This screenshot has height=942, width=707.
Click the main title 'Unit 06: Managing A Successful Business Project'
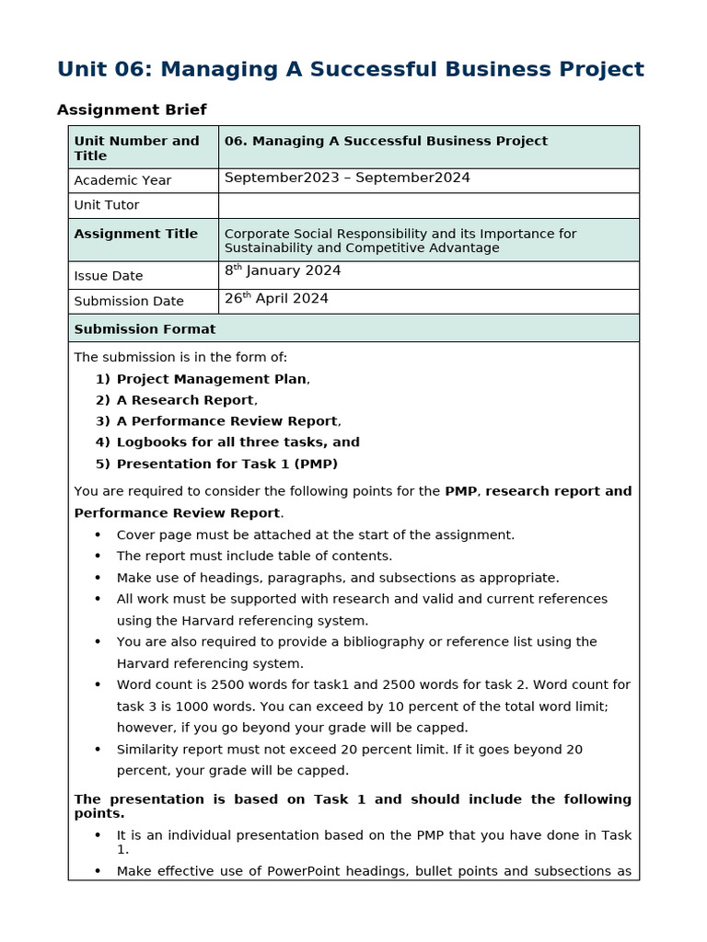(x=350, y=69)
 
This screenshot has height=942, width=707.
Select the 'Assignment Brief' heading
(x=132, y=109)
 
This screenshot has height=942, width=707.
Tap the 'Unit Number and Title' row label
(x=136, y=148)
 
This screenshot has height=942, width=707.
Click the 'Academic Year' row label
(x=122, y=180)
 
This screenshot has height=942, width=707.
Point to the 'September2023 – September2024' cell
(x=347, y=178)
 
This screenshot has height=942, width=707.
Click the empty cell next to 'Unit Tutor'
(x=428, y=205)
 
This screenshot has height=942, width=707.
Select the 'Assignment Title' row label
(x=135, y=234)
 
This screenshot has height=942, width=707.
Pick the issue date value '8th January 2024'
(x=283, y=270)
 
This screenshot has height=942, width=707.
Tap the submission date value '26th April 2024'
(x=276, y=298)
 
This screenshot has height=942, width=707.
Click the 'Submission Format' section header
(x=145, y=328)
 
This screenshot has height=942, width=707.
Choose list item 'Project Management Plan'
(x=211, y=379)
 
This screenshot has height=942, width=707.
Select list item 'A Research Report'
(x=185, y=400)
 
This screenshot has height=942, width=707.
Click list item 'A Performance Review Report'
(x=226, y=421)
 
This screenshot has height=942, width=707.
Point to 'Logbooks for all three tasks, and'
(x=238, y=442)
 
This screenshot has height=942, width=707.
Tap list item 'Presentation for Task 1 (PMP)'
(x=226, y=464)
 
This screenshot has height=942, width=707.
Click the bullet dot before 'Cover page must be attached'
(x=98, y=535)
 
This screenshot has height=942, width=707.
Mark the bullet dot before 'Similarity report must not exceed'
(x=98, y=750)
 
